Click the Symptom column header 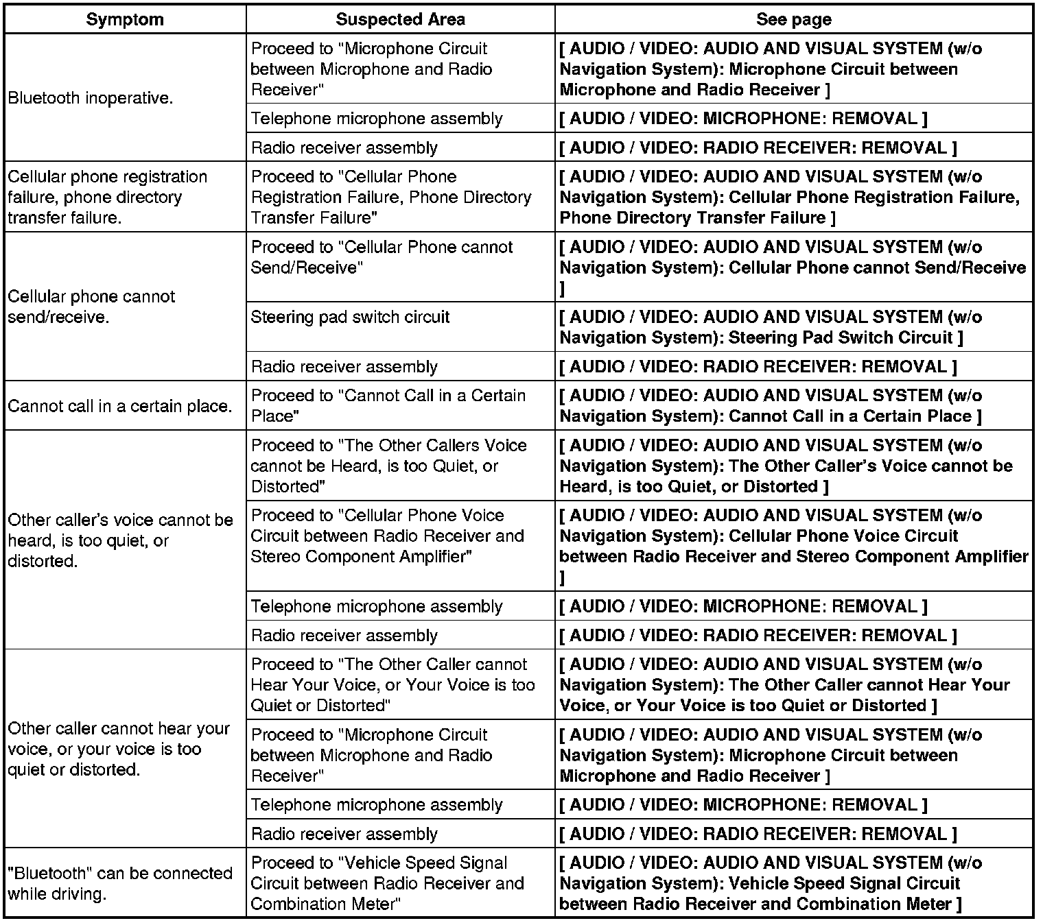(125, 19)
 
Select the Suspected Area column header (400, 19)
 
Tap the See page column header (793, 19)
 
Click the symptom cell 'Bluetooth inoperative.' (90, 98)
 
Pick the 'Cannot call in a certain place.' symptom (120, 406)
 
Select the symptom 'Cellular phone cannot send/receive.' (91, 307)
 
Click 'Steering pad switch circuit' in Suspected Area (350, 317)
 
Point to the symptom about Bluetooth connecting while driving (120, 883)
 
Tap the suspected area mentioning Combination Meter (387, 883)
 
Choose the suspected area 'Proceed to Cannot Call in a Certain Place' (388, 405)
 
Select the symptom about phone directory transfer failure (107, 197)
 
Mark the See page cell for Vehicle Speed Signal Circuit (770, 883)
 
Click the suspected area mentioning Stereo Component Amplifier (387, 536)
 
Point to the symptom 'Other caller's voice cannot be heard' (120, 540)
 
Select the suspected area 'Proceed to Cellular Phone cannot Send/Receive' (382, 257)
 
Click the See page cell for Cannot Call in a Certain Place (770, 405)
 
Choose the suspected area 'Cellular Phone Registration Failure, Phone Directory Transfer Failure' (390, 197)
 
